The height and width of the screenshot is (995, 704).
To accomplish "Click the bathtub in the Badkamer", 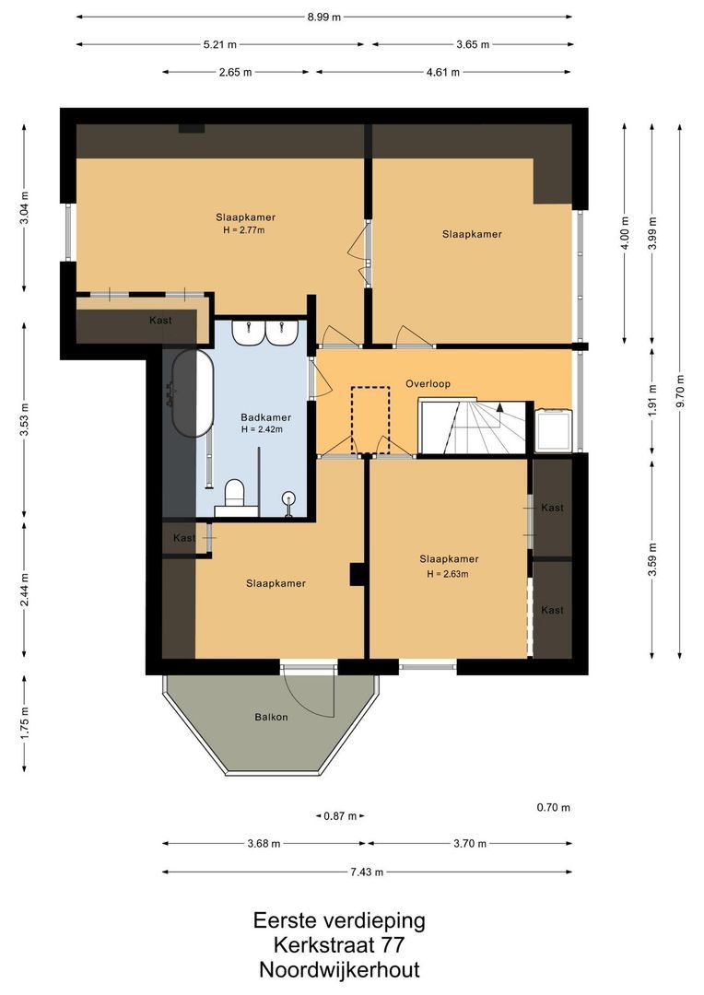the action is coord(193,393).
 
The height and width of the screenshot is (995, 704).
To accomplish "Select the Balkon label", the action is coord(271,717).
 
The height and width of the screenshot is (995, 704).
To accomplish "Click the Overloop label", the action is coord(428,383).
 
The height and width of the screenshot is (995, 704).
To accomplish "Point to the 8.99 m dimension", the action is coord(323,18).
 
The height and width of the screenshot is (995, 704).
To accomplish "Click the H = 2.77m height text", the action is coord(244,230).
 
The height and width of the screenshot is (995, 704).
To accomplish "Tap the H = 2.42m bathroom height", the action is coord(262,429).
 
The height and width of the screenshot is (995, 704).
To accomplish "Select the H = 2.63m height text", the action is coord(448,574).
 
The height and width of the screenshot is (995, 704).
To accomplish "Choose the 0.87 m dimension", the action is coord(340,816).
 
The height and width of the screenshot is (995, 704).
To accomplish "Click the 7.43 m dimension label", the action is coord(367,872).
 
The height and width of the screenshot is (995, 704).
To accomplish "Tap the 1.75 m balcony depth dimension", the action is coord(24,723).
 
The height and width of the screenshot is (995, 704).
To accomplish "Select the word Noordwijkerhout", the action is coord(340,969).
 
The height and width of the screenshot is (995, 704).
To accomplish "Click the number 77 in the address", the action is coord(392,945).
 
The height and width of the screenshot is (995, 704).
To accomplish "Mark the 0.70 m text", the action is coord(554,808).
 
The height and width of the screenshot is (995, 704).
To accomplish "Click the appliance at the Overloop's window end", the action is coord(553,431).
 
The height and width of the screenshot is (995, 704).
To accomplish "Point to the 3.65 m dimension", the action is coord(473,44).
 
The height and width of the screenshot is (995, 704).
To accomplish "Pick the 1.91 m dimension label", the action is coord(652,401).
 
